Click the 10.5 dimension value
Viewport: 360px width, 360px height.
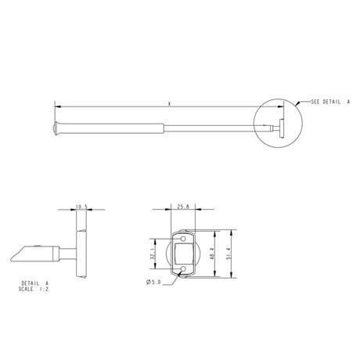[x=81, y=207]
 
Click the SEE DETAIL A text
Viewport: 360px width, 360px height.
[x=329, y=103]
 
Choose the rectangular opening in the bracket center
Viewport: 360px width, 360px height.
[x=184, y=252]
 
